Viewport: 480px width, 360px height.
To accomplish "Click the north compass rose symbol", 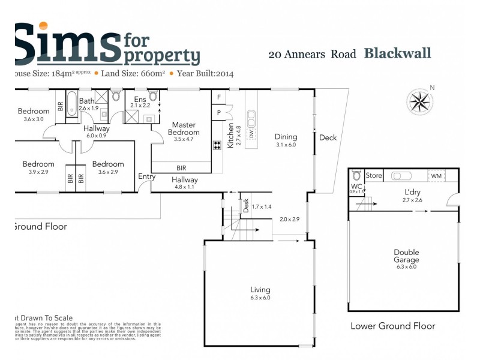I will point(420,101).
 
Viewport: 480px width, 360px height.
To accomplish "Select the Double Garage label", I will point(406,256).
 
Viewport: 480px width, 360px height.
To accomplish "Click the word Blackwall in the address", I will point(397,53).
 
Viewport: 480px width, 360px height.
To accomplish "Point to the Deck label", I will point(328,137).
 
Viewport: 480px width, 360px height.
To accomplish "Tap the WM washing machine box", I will point(436,176).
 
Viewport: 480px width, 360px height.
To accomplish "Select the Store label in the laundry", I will point(374,176).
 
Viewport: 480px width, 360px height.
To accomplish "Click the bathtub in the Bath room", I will point(71,103).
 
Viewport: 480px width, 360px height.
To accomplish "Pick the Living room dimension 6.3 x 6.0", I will point(260,298).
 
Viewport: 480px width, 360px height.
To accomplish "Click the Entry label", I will point(146,176).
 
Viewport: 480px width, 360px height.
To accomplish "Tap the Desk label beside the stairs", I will point(246,205).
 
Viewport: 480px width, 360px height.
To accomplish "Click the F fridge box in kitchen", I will point(218,97).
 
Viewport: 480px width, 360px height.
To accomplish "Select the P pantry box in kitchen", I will point(218,112).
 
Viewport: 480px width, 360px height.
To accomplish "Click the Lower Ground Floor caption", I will point(392,326).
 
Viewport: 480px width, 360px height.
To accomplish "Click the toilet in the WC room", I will point(356,176).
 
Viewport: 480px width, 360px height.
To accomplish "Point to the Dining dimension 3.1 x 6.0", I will point(286,145).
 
